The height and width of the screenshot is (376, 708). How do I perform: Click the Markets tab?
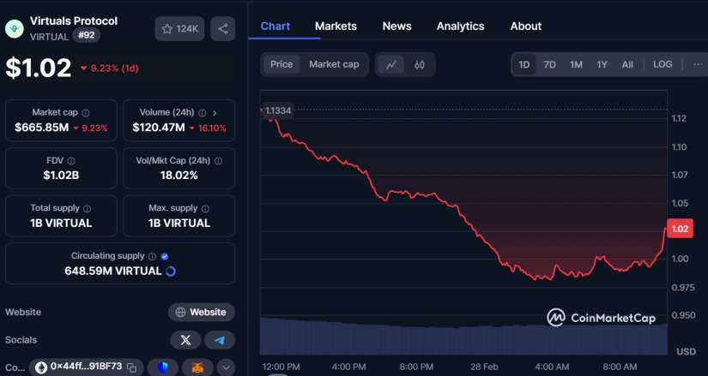tap(336, 26)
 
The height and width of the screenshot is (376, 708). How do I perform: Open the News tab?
tap(396, 26)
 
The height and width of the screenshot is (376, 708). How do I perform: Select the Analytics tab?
tap(460, 26)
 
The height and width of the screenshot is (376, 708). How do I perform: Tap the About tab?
tap(526, 26)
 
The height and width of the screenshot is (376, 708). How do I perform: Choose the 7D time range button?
tap(550, 64)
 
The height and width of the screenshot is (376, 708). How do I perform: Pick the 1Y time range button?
tap(602, 64)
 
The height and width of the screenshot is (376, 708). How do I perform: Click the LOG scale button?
tap(663, 64)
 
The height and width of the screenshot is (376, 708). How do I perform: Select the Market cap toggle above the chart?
tap(334, 64)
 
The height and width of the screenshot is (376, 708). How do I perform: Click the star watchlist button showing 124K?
tap(179, 29)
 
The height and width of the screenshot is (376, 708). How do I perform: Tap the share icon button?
tap(223, 29)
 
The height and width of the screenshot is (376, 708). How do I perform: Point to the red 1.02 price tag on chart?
tap(680, 229)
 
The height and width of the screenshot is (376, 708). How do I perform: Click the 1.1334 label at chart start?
tap(278, 110)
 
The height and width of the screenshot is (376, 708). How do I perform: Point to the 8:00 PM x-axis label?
tap(416, 366)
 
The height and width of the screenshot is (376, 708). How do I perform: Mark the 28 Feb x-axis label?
tap(483, 366)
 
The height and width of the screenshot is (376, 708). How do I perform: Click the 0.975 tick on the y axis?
tap(684, 288)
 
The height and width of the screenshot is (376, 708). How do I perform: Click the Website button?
tap(202, 313)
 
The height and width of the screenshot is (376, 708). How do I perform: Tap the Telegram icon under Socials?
tap(220, 340)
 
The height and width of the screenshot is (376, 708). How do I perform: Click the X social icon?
tap(185, 340)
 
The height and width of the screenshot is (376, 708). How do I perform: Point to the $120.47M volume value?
tap(160, 128)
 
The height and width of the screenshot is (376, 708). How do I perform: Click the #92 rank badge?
tap(86, 35)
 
